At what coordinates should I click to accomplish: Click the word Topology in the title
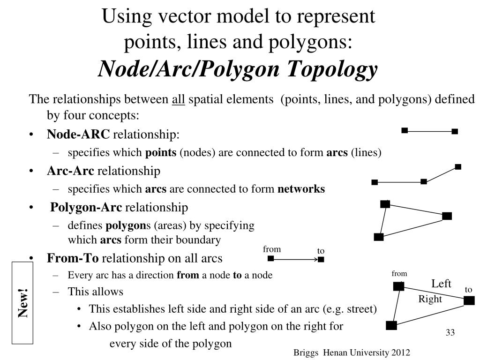[332, 69]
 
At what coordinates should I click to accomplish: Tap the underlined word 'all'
[179, 99]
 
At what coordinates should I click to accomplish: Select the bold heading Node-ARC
[78, 134]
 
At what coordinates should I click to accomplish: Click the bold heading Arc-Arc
[70, 171]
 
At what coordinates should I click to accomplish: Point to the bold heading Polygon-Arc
[86, 207]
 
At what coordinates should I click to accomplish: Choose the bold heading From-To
[73, 258]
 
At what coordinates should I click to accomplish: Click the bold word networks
[301, 189]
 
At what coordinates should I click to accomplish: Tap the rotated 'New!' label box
[22, 303]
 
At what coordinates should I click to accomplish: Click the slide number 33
[450, 332]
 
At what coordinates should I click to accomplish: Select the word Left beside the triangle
[441, 284]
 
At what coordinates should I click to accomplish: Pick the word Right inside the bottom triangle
[430, 299]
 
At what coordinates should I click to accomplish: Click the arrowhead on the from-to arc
[316, 260]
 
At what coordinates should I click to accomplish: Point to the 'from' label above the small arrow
[272, 249]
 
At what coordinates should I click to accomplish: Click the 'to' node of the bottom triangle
[469, 300]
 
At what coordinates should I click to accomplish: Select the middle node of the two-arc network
[424, 182]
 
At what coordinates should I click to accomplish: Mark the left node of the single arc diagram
[405, 130]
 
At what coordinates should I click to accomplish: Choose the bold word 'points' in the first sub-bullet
[161, 152]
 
